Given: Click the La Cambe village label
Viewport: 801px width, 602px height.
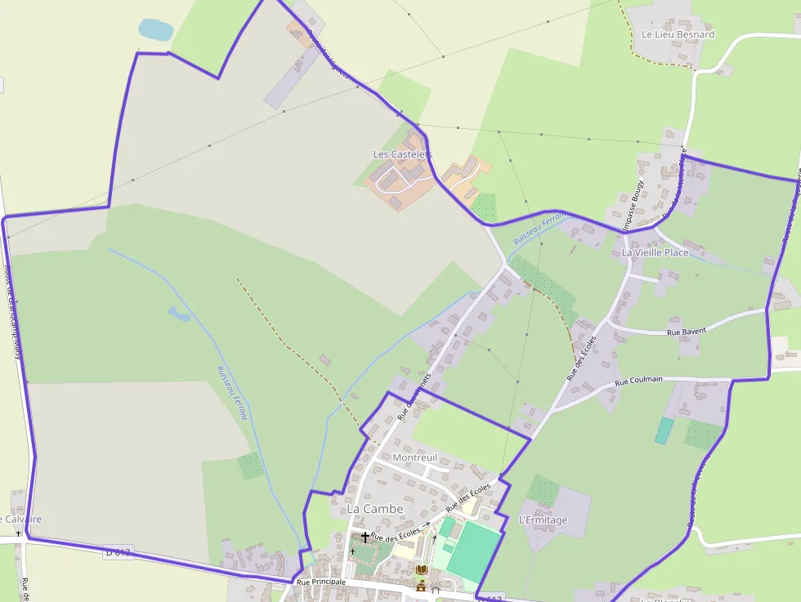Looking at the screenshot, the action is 375,509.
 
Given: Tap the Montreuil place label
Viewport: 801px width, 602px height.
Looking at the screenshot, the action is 415,457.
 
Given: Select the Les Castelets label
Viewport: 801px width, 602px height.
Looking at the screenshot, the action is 403,154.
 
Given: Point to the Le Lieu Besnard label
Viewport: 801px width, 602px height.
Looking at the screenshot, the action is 678,34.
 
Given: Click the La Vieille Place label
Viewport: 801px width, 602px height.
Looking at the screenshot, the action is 655,252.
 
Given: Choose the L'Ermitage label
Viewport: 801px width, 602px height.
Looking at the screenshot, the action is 543,520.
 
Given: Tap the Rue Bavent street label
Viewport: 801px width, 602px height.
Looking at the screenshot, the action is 687,332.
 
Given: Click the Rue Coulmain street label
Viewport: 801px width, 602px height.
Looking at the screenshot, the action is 638,380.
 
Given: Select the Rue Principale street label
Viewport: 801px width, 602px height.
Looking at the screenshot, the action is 321,582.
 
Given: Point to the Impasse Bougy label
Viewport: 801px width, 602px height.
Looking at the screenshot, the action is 637,204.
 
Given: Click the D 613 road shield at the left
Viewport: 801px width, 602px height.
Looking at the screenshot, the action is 118,553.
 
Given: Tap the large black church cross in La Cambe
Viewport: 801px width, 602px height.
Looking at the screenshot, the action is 365,537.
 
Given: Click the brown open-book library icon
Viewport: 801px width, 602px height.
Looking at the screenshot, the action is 422,569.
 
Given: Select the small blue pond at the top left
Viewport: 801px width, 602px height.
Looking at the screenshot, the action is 155,29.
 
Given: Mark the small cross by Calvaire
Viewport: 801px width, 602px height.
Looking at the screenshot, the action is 18,533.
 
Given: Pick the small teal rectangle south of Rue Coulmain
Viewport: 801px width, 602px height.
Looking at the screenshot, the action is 664,430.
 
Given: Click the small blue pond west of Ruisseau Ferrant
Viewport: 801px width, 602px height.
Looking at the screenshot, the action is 178,313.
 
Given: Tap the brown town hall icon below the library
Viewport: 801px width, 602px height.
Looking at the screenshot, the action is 421,586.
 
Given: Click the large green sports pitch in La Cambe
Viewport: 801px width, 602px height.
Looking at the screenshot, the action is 472,552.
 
